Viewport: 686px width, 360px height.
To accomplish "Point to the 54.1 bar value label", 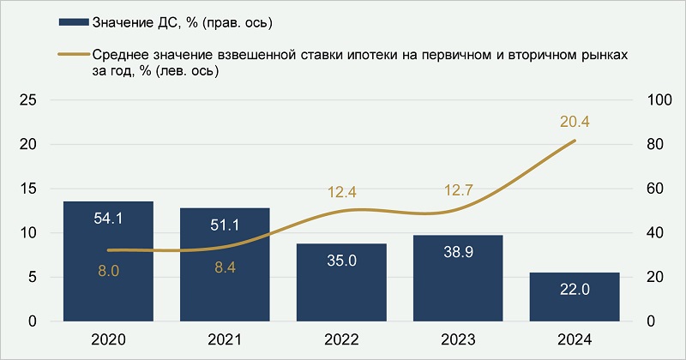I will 108,219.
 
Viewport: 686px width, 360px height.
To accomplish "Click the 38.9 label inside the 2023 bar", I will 458,255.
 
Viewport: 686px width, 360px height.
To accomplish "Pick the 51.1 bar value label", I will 225,225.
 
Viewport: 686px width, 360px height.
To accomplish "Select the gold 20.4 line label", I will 575,122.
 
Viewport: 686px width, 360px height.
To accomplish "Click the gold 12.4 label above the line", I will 341,191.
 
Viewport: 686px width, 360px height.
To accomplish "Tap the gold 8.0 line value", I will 108,271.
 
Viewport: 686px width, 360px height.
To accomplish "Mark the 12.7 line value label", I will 458,191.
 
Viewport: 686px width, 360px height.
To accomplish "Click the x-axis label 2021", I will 225,340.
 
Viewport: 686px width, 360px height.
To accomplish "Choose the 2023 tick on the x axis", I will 458,340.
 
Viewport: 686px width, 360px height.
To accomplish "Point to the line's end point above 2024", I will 575,141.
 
